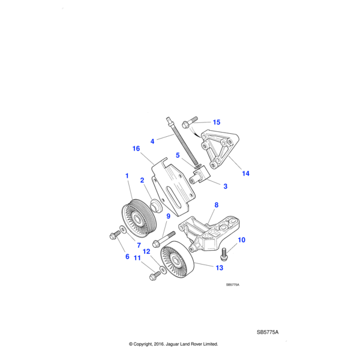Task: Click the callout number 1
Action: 127,176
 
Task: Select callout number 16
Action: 136,148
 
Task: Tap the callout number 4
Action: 152,142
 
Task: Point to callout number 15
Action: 216,122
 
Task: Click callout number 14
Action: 245,173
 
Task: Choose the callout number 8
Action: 216,205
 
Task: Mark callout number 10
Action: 242,240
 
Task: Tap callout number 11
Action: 136,257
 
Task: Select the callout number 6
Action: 127,256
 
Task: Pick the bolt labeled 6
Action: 114,235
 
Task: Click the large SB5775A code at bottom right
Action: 268,332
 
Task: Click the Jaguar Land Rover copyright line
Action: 173,344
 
